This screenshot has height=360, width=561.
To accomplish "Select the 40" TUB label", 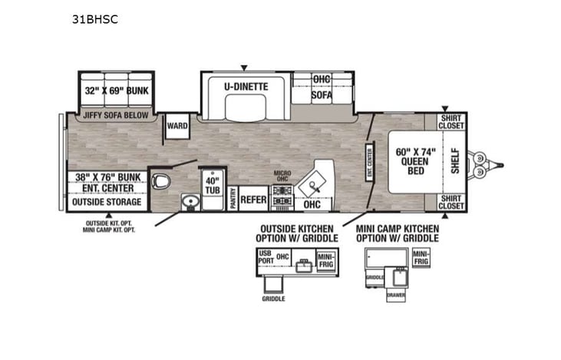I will tap(211, 187).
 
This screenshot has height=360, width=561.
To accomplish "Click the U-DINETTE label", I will tap(246, 87).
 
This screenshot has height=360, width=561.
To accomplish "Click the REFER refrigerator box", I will tap(252, 200).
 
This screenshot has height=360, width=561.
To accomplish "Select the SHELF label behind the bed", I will tap(455, 161).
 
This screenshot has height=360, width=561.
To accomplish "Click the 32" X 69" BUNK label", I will tap(117, 91).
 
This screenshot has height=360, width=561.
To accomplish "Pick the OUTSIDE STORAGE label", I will tap(107, 202).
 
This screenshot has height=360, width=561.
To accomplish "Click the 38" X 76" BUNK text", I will tap(107, 177).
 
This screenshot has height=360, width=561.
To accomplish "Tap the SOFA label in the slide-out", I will tap(322, 96).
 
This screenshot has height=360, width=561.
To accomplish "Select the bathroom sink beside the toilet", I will tap(189, 201).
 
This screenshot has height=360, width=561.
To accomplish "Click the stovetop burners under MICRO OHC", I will tap(282, 195).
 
